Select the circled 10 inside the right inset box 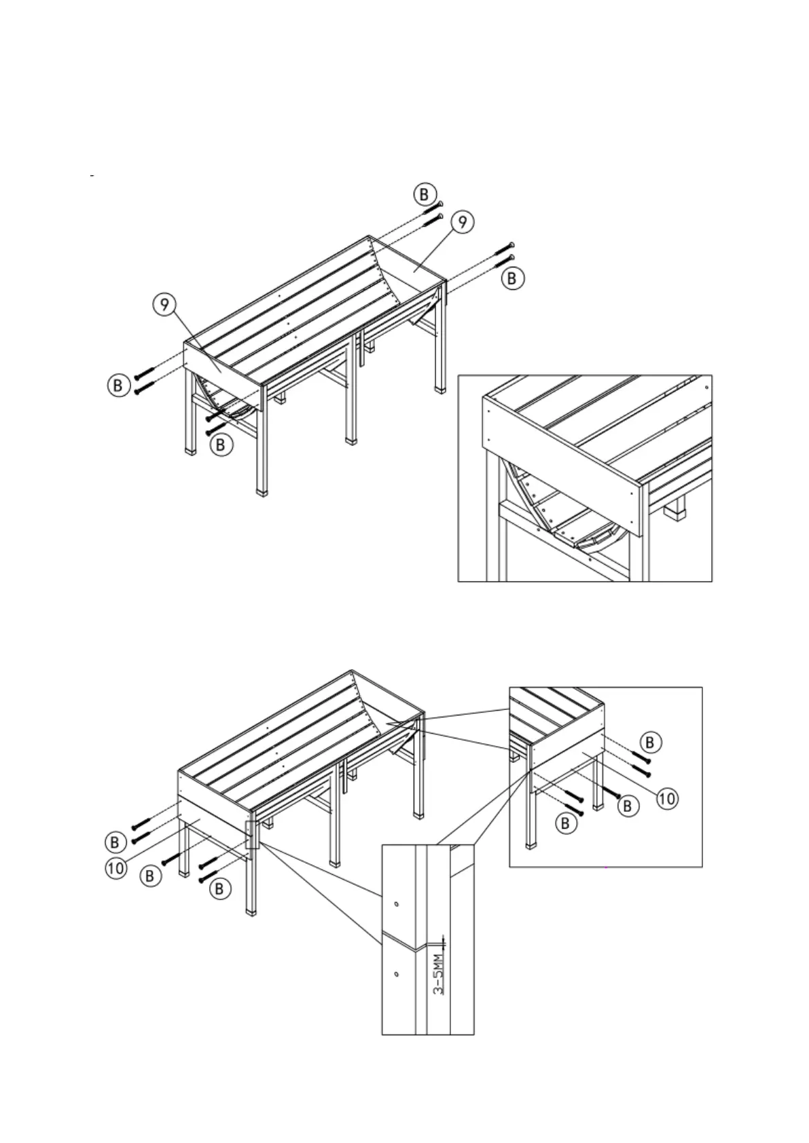click(x=666, y=798)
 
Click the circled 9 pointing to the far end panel click(x=462, y=222)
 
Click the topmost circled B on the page click(x=425, y=194)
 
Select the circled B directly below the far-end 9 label click(x=513, y=278)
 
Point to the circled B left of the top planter click(x=118, y=385)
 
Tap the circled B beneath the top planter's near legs click(x=221, y=445)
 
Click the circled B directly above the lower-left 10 click(x=115, y=842)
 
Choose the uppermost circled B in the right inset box click(x=650, y=742)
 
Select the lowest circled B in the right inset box click(x=565, y=823)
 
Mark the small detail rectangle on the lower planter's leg click(x=252, y=834)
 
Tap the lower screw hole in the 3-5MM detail click(x=396, y=973)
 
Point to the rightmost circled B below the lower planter click(x=219, y=888)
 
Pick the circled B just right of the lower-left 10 click(x=150, y=876)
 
